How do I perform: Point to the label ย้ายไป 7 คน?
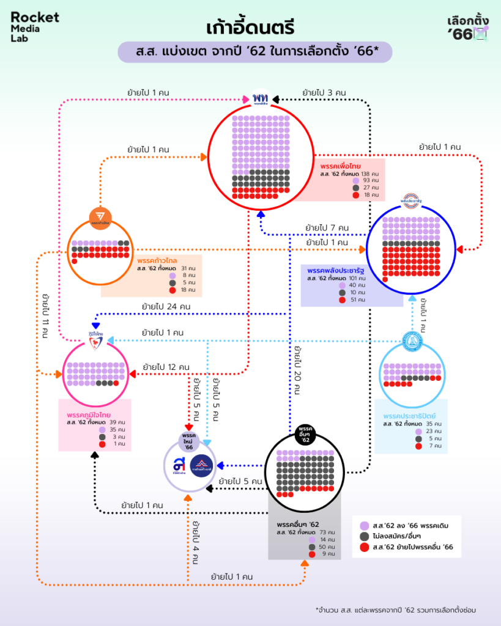pyautogui.click(x=327, y=228)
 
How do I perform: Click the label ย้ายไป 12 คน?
pyautogui.click(x=166, y=367)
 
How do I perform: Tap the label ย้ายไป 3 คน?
pyautogui.click(x=324, y=93)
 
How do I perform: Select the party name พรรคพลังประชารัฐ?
pyautogui.click(x=339, y=270)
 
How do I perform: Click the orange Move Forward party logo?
pyautogui.click(x=100, y=216)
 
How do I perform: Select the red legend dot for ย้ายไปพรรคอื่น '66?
pyautogui.click(x=365, y=547)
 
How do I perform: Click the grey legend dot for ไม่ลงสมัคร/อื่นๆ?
pyautogui.click(x=365, y=536)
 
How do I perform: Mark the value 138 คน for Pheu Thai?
pyautogui.click(x=373, y=174)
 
